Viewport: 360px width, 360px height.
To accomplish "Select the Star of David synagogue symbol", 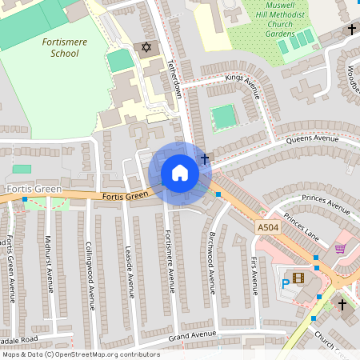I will (x=146, y=49).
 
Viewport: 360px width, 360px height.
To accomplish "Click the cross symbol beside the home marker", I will (x=205, y=159).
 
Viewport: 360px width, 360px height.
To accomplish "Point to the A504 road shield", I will (x=268, y=229).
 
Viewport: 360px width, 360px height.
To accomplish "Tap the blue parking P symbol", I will (x=285, y=282).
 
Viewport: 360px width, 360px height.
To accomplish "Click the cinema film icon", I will (x=298, y=278).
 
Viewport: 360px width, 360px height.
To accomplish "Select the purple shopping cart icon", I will (x=340, y=249).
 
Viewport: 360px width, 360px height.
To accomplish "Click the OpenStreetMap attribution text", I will (x=80, y=354).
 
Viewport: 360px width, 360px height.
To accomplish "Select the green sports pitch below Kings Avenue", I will (x=223, y=117).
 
